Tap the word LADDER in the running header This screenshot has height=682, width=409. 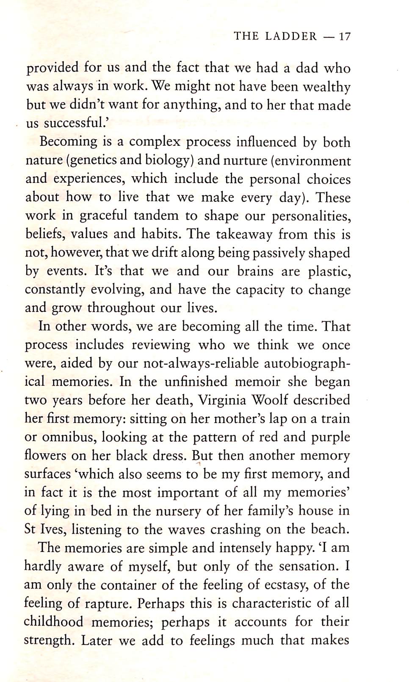pyautogui.click(x=291, y=36)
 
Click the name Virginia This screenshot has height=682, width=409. pyautogui.click(x=223, y=401)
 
